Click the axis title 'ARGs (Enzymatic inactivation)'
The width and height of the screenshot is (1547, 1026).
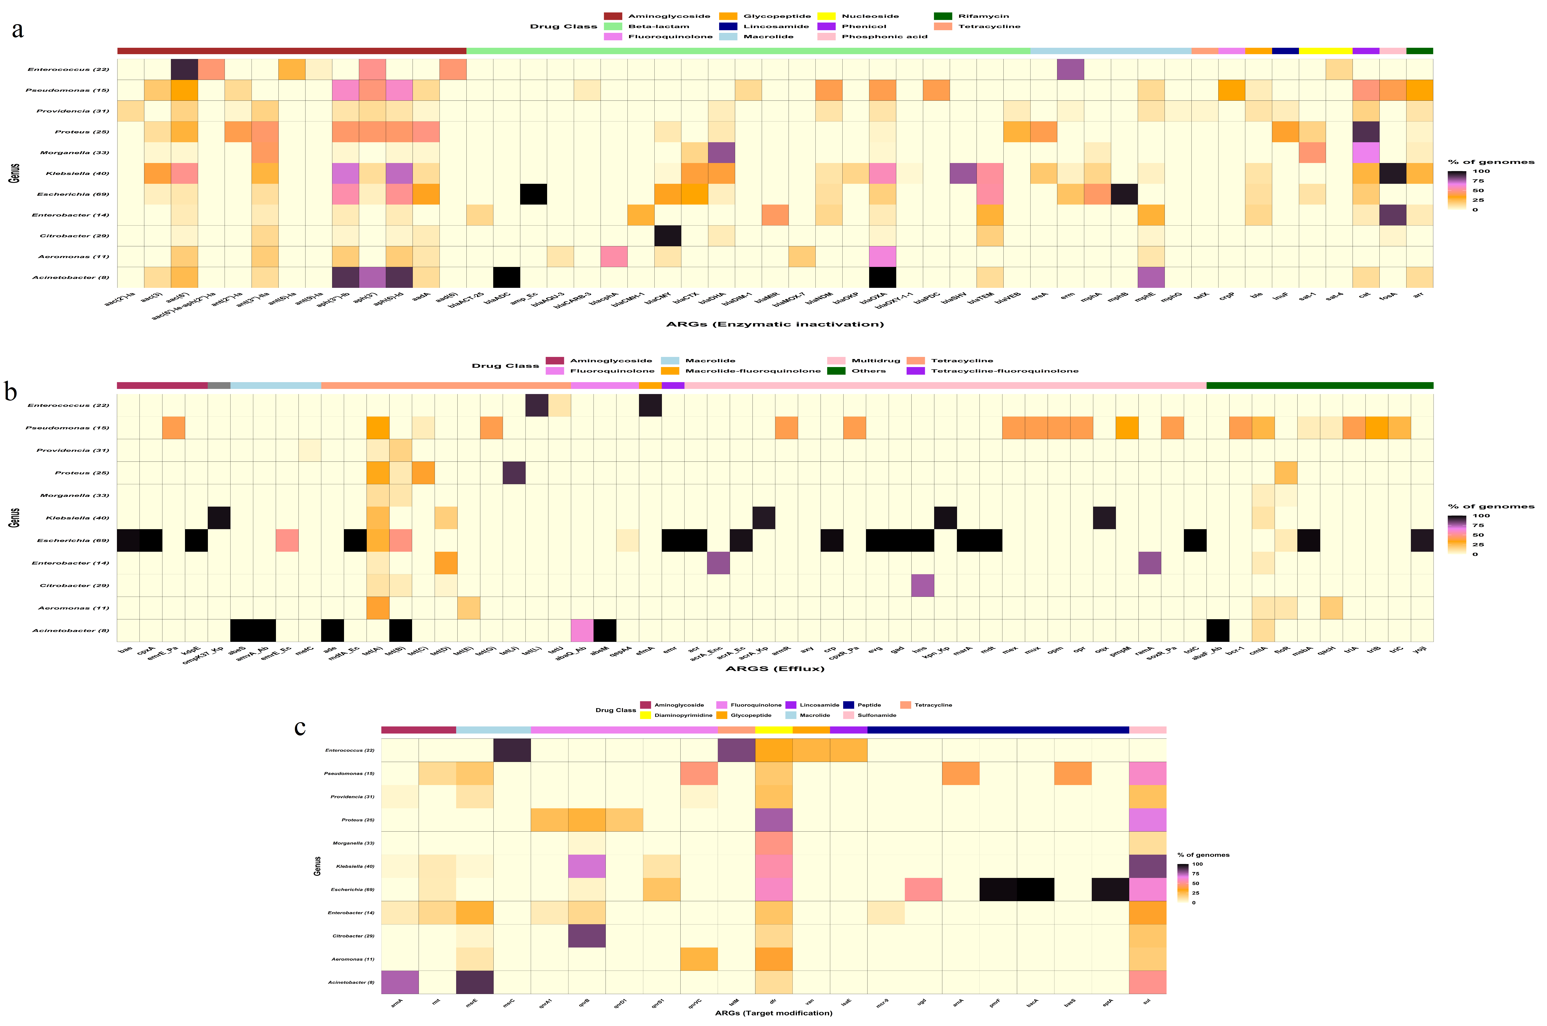775,324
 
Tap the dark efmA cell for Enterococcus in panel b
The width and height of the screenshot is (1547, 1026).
650,405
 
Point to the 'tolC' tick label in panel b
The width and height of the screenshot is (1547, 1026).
1191,650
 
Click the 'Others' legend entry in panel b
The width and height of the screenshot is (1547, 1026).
868,371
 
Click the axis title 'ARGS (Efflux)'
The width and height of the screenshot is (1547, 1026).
775,668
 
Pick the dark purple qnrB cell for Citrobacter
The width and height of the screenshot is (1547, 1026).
587,936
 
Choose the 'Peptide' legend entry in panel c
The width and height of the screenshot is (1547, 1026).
869,705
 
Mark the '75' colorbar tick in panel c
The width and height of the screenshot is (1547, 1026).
1196,873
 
